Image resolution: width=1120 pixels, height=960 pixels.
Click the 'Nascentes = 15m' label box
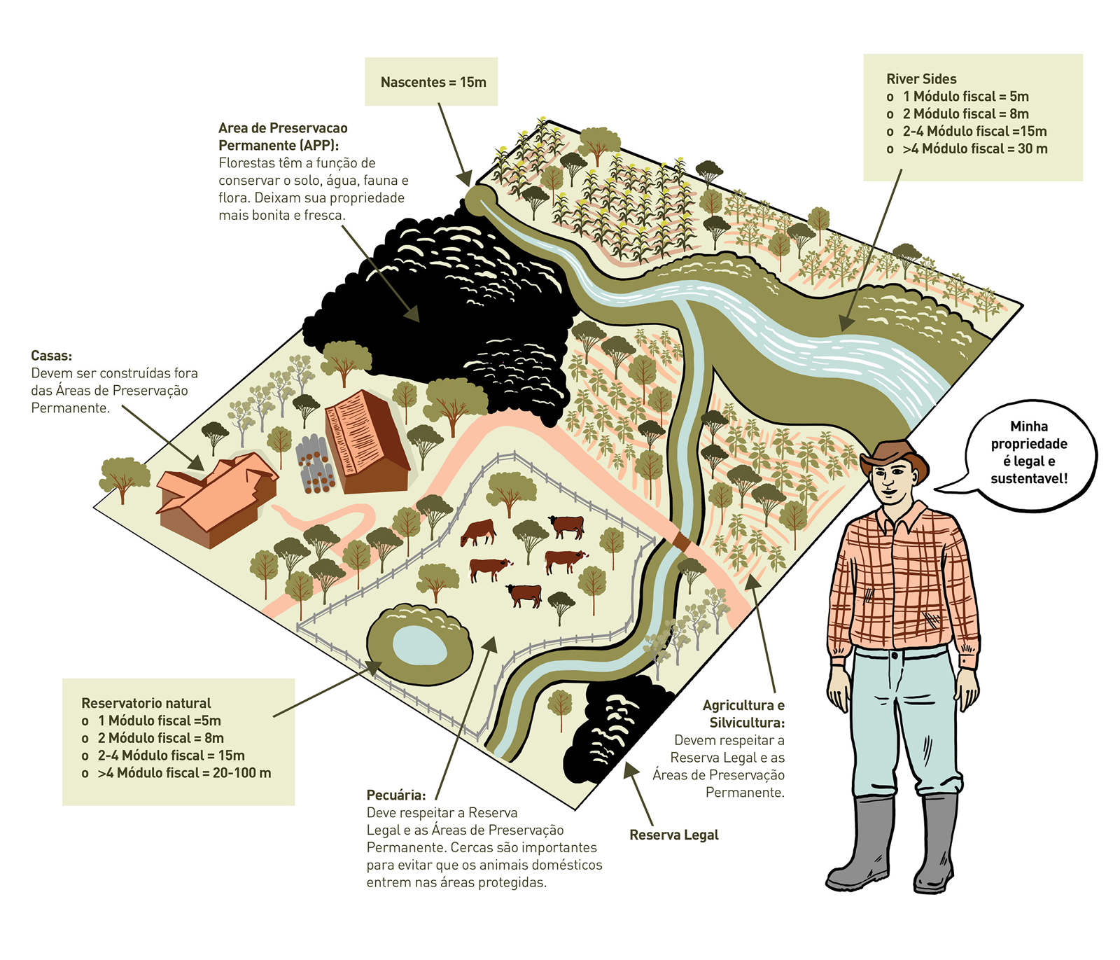pos(432,82)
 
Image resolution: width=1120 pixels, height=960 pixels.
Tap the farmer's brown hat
pos(893,456)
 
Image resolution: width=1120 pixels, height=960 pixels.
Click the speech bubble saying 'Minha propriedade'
pos(1028,452)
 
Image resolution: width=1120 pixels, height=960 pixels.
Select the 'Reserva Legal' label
pos(673,835)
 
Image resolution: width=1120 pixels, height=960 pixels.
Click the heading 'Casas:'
pos(51,356)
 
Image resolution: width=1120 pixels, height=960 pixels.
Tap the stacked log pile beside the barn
pos(316,465)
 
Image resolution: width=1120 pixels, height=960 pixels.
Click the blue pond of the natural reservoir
pos(419,645)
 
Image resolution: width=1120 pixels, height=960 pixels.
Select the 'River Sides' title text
pos(921,79)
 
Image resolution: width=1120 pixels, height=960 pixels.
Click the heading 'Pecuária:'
pos(395,795)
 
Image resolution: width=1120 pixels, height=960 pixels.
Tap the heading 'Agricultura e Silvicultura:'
pos(744,714)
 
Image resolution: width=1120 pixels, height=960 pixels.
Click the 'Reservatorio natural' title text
pos(146,703)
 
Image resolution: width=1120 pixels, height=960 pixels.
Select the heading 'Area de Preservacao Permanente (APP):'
pos(283,137)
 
